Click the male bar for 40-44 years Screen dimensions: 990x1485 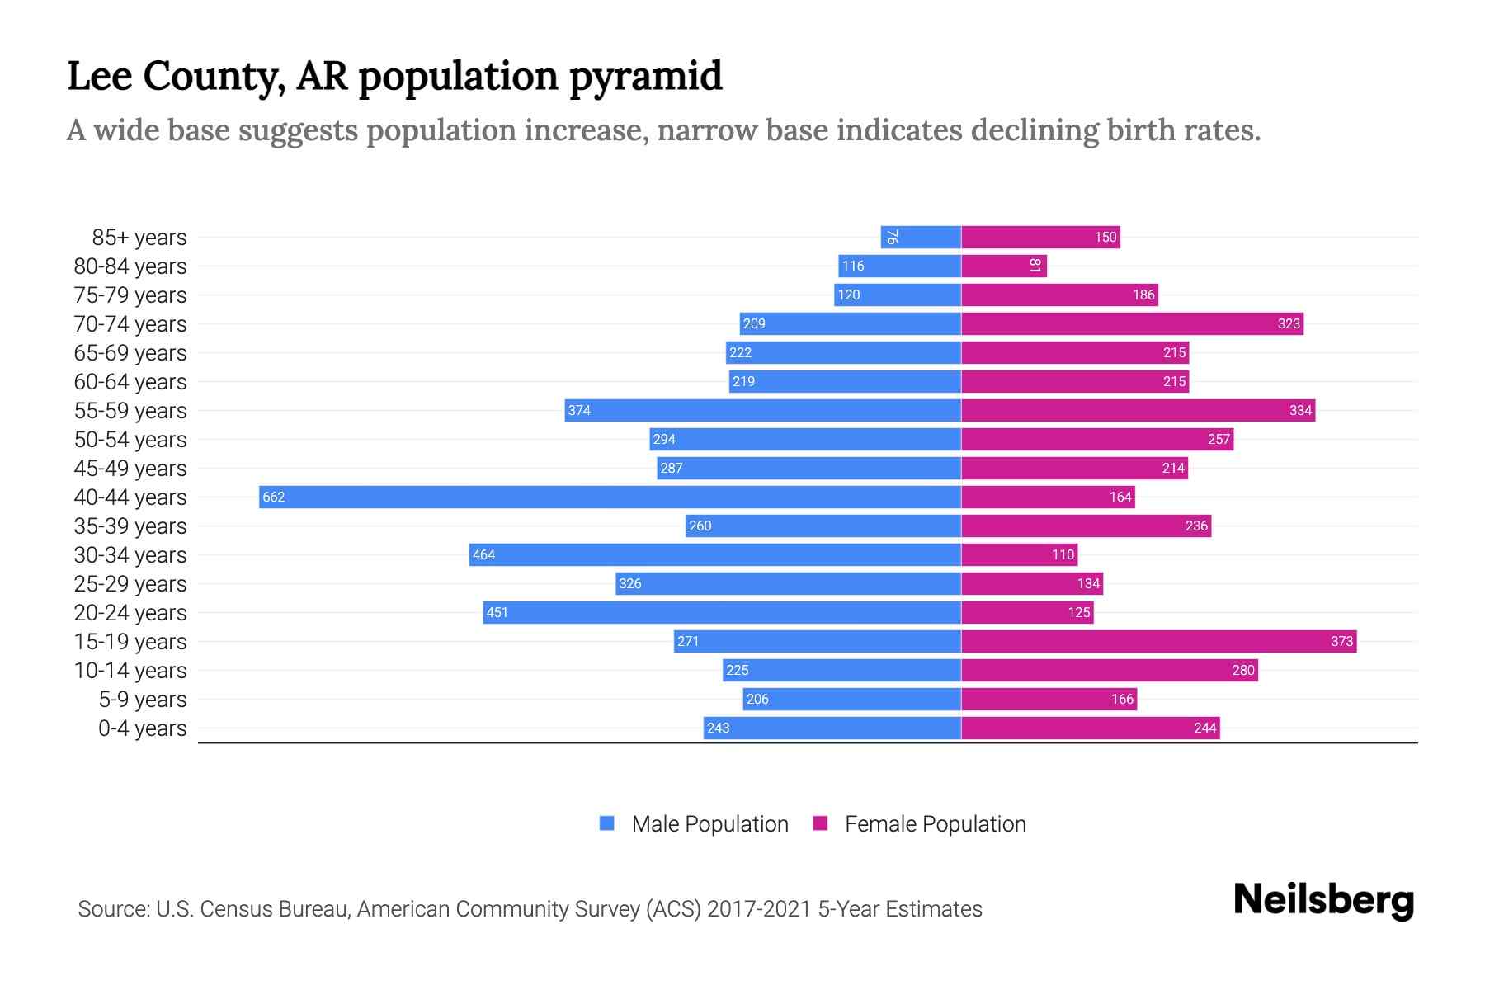coord(610,497)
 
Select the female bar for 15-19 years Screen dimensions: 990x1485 coord(1158,641)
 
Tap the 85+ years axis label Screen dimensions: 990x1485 coord(139,238)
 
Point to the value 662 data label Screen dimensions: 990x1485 coord(273,497)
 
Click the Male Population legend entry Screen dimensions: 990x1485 coord(709,824)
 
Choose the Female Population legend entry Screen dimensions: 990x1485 coord(935,824)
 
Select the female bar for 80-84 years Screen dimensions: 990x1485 coord(1003,266)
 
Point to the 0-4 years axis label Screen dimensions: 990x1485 coord(143,728)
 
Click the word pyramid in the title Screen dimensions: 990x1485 coord(645,76)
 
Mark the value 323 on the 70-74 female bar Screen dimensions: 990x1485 coord(1289,323)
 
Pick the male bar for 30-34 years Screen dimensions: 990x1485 coord(715,554)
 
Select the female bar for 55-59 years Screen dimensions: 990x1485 coord(1138,410)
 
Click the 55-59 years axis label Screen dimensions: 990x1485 coord(130,411)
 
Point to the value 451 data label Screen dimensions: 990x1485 coord(497,612)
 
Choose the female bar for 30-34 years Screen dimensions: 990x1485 coord(1019,554)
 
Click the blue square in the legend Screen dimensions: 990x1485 coord(607,823)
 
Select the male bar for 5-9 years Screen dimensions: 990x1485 coord(852,699)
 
